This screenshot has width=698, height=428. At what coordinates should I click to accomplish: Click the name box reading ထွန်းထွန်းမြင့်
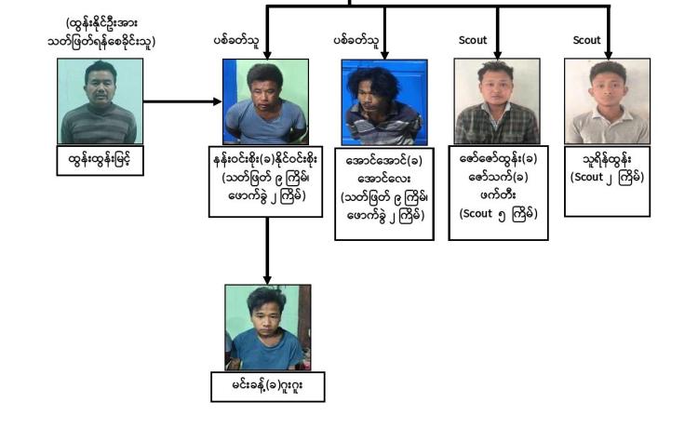pyautogui.click(x=101, y=160)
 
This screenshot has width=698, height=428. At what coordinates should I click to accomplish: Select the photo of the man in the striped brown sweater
pyautogui.click(x=101, y=101)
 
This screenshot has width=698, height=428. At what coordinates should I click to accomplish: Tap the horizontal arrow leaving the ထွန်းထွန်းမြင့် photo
pyautogui.click(x=182, y=101)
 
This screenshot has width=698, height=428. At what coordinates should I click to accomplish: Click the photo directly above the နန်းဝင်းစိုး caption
pyautogui.click(x=266, y=101)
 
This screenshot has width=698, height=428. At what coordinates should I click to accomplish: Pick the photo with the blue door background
pyautogui.click(x=384, y=102)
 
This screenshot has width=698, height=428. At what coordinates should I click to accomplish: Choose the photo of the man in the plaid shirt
pyautogui.click(x=497, y=101)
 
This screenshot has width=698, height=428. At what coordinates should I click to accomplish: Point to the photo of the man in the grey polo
pyautogui.click(x=607, y=101)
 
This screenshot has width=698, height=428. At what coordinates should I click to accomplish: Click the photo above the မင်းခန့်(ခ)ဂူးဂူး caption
pyautogui.click(x=268, y=328)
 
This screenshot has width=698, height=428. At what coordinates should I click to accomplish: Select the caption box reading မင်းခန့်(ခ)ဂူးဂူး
pyautogui.click(x=268, y=387)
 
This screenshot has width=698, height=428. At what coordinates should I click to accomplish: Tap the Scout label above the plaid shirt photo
pyautogui.click(x=473, y=40)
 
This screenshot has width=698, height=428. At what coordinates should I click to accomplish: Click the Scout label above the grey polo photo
pyautogui.click(x=586, y=40)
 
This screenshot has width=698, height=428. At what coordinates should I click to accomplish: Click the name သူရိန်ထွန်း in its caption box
pyautogui.click(x=607, y=159)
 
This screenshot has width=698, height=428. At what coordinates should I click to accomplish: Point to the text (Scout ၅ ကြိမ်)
pyautogui.click(x=499, y=214)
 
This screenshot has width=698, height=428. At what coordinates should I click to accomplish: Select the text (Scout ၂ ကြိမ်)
pyautogui.click(x=607, y=177)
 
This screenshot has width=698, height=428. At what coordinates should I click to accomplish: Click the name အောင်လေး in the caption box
pyautogui.click(x=384, y=179)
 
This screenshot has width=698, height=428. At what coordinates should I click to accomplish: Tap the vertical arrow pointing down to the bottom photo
pyautogui.click(x=267, y=251)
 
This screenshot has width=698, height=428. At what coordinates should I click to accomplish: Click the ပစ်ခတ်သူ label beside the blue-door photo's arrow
pyautogui.click(x=356, y=41)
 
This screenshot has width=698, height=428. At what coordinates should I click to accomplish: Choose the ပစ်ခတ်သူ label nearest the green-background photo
pyautogui.click(x=236, y=41)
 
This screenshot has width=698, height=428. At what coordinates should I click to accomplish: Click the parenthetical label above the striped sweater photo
pyautogui.click(x=101, y=32)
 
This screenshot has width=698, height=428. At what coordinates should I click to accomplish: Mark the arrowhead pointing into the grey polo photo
pyautogui.click(x=608, y=55)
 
